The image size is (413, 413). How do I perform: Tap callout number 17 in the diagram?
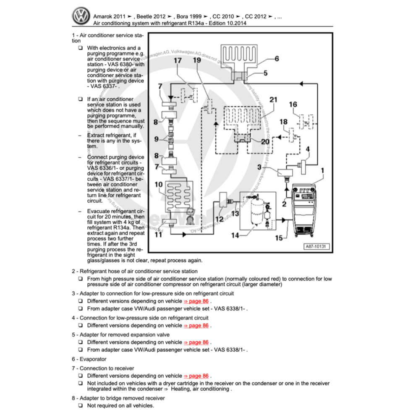click(178, 60)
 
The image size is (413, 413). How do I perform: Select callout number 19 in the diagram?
click(197, 60)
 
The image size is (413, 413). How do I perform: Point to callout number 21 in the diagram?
click(273, 100)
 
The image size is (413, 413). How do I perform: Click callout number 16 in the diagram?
click(293, 105)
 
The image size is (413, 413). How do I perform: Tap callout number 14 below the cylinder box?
click(235, 235)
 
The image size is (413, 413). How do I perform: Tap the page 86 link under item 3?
click(196, 301)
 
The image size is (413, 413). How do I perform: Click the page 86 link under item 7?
click(196, 376)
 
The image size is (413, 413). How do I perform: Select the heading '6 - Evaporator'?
click(89, 359)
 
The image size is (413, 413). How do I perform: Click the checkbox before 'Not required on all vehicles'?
click(80, 405)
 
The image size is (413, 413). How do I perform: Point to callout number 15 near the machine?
click(279, 238)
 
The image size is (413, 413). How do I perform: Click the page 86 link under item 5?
click(196, 342)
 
